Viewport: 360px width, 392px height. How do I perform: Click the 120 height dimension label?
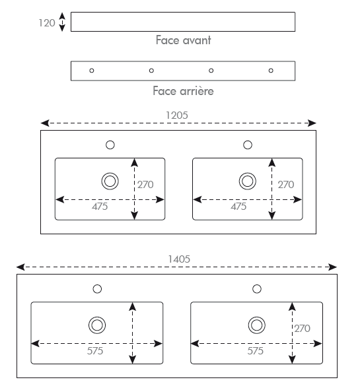click(x=47, y=23)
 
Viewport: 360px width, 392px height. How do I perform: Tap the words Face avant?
click(x=183, y=40)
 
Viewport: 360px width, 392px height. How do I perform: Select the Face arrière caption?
click(x=183, y=91)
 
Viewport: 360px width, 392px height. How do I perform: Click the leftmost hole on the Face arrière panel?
click(x=92, y=71)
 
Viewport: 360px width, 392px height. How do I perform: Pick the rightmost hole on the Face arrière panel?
click(x=271, y=71)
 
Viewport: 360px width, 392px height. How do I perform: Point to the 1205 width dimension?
click(x=177, y=115)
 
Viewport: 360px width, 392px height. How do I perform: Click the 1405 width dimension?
click(x=179, y=259)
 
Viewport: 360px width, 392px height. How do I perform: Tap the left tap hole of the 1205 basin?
click(x=110, y=145)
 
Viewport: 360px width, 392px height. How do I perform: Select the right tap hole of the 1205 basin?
click(x=248, y=145)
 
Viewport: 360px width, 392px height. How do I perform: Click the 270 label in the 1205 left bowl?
click(x=145, y=185)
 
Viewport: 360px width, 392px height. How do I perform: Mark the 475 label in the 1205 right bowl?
click(x=238, y=207)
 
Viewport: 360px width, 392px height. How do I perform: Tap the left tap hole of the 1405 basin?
click(x=97, y=289)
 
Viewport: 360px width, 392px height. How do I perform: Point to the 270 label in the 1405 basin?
click(x=303, y=329)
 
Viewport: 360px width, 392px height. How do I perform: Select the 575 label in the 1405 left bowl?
click(x=95, y=351)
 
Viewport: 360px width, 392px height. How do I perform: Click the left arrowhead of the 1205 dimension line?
click(x=45, y=123)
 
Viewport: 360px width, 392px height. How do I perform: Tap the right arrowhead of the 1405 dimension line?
click(x=333, y=267)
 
